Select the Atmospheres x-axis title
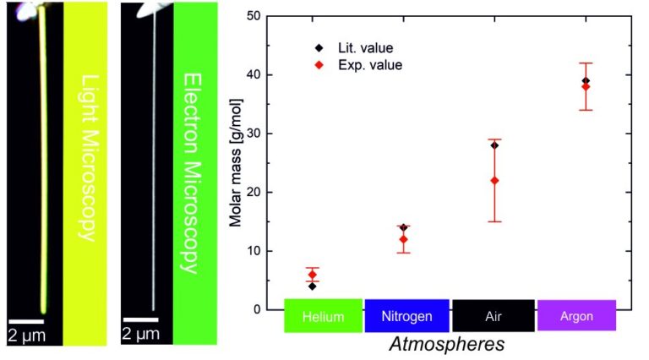(x=447, y=344)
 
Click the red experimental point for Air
(x=494, y=180)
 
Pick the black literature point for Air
(x=494, y=145)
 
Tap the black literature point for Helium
(x=313, y=286)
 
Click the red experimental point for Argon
(x=586, y=86)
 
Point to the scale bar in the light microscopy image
(x=26, y=320)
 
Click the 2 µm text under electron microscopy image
(x=140, y=335)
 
